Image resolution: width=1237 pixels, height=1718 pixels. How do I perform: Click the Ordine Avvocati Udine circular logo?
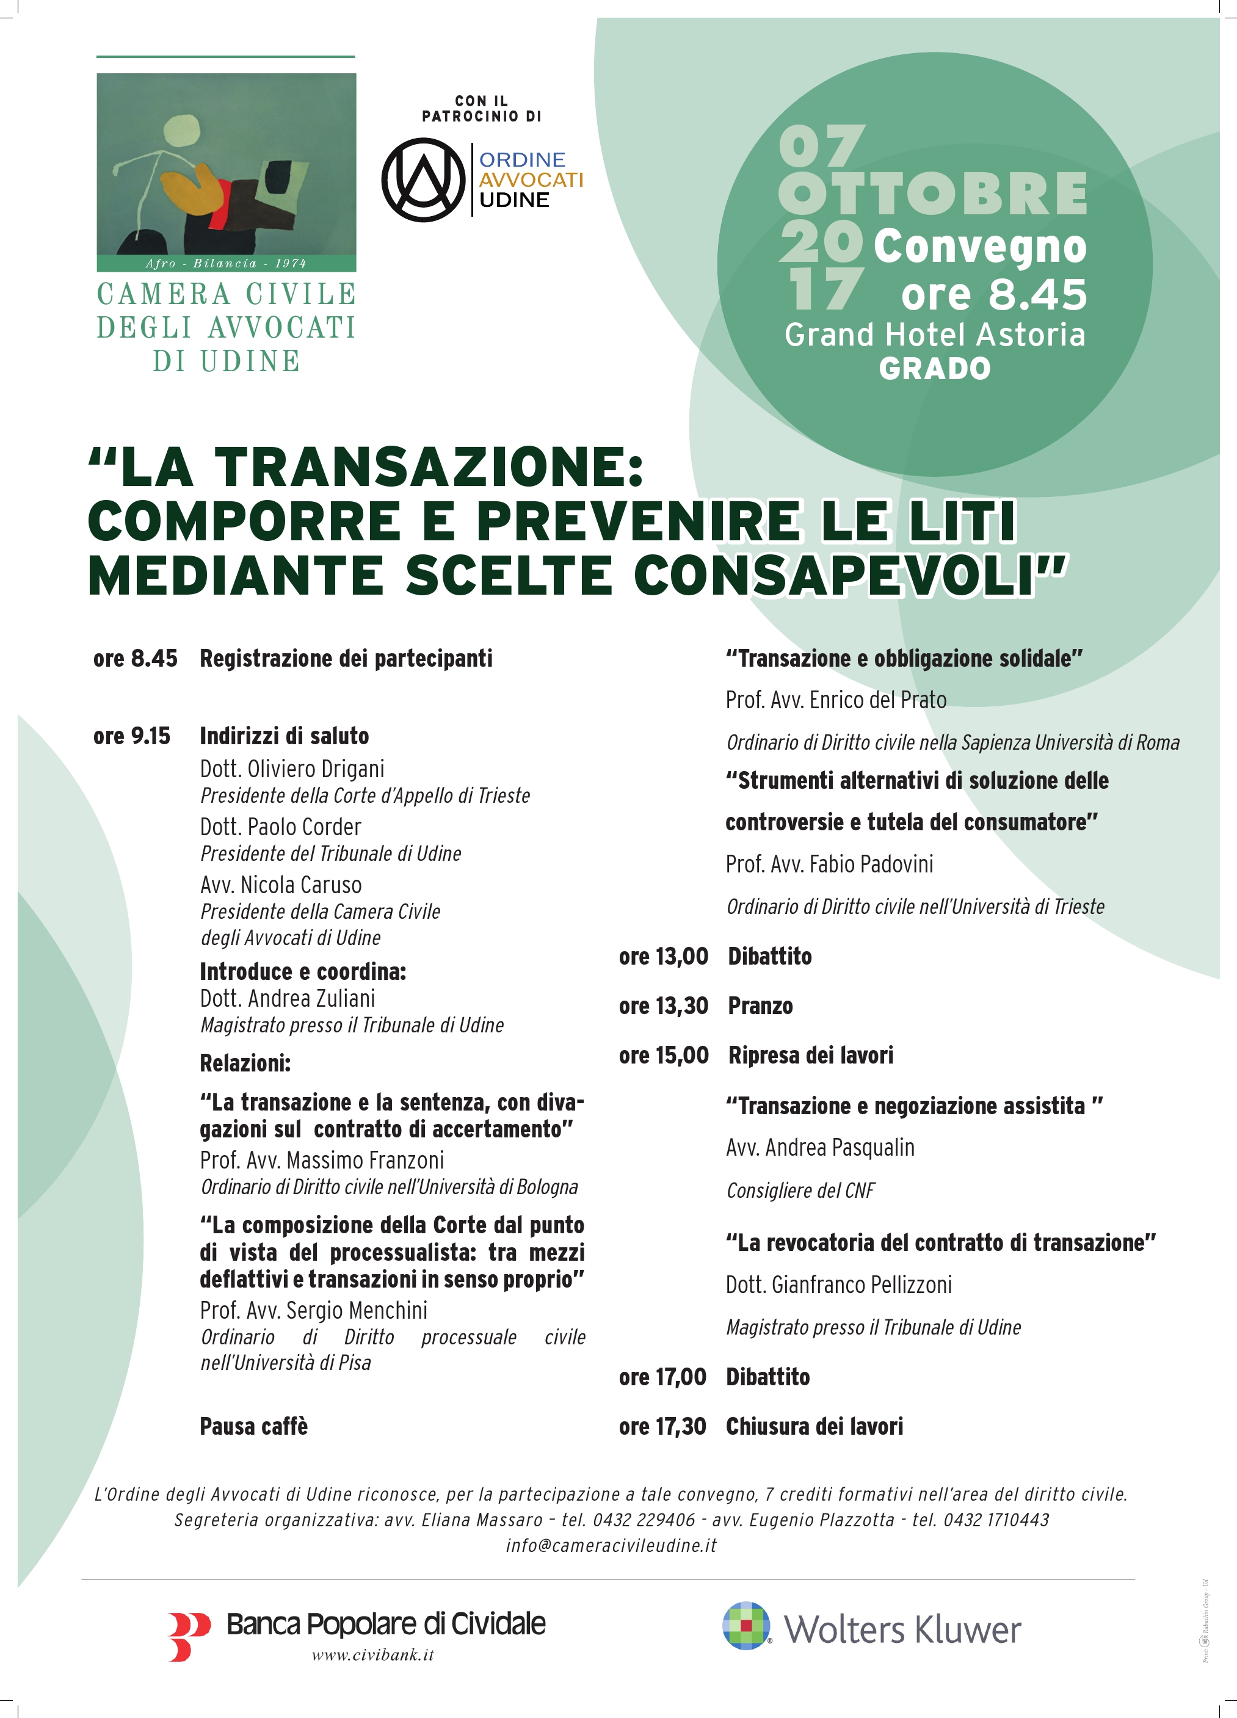(x=423, y=179)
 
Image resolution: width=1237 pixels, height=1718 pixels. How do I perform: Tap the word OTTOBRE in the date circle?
(x=932, y=194)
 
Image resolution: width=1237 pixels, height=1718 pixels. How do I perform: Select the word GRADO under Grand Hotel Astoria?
(x=935, y=369)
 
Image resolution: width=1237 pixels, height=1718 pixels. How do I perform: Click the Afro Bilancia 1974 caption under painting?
(x=226, y=264)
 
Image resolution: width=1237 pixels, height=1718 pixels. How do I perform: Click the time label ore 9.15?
(x=132, y=736)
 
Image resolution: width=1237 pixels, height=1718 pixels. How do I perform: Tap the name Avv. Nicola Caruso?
(x=280, y=885)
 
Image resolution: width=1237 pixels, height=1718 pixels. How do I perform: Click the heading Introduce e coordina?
(x=302, y=971)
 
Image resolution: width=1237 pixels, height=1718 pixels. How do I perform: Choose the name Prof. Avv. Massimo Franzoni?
(x=322, y=1160)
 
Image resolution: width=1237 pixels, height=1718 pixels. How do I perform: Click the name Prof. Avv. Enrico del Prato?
(x=835, y=700)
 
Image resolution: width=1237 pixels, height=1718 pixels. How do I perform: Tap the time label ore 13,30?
(x=663, y=1006)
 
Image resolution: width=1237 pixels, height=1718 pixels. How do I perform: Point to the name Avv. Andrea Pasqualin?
(x=819, y=1148)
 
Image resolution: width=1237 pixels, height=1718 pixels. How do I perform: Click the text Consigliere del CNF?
(x=800, y=1191)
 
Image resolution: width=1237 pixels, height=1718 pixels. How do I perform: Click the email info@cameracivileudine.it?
(x=611, y=1545)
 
